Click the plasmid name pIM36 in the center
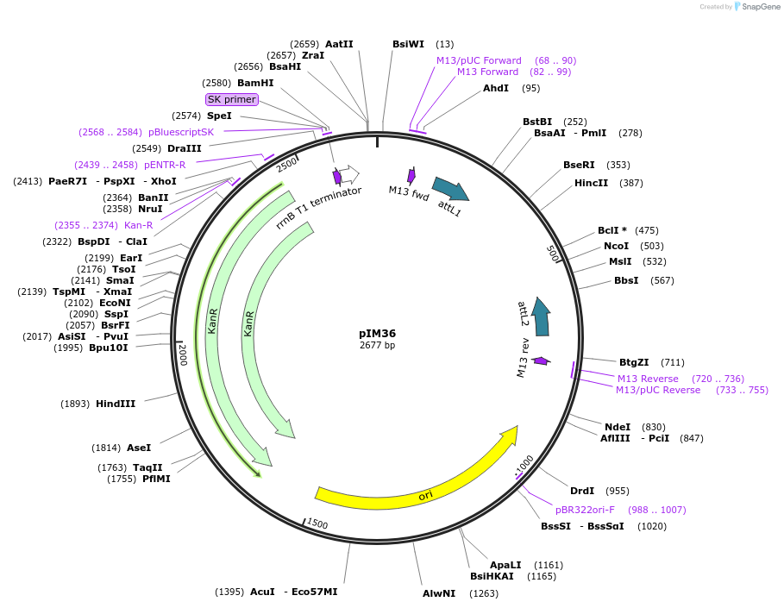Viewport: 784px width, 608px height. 377,334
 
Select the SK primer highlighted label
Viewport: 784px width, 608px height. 232,99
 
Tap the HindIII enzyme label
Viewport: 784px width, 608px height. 116,404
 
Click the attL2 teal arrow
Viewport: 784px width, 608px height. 541,317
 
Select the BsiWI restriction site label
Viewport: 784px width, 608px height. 408,44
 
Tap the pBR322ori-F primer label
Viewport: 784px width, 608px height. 585,510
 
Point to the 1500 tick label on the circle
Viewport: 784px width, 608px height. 317,523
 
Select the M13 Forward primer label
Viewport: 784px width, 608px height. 488,72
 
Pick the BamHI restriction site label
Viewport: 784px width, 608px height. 255,83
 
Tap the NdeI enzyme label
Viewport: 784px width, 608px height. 618,427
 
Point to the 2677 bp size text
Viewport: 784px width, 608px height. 377,346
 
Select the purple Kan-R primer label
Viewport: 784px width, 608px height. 138,225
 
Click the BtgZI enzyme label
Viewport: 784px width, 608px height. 634,362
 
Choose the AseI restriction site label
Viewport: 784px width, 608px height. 139,448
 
